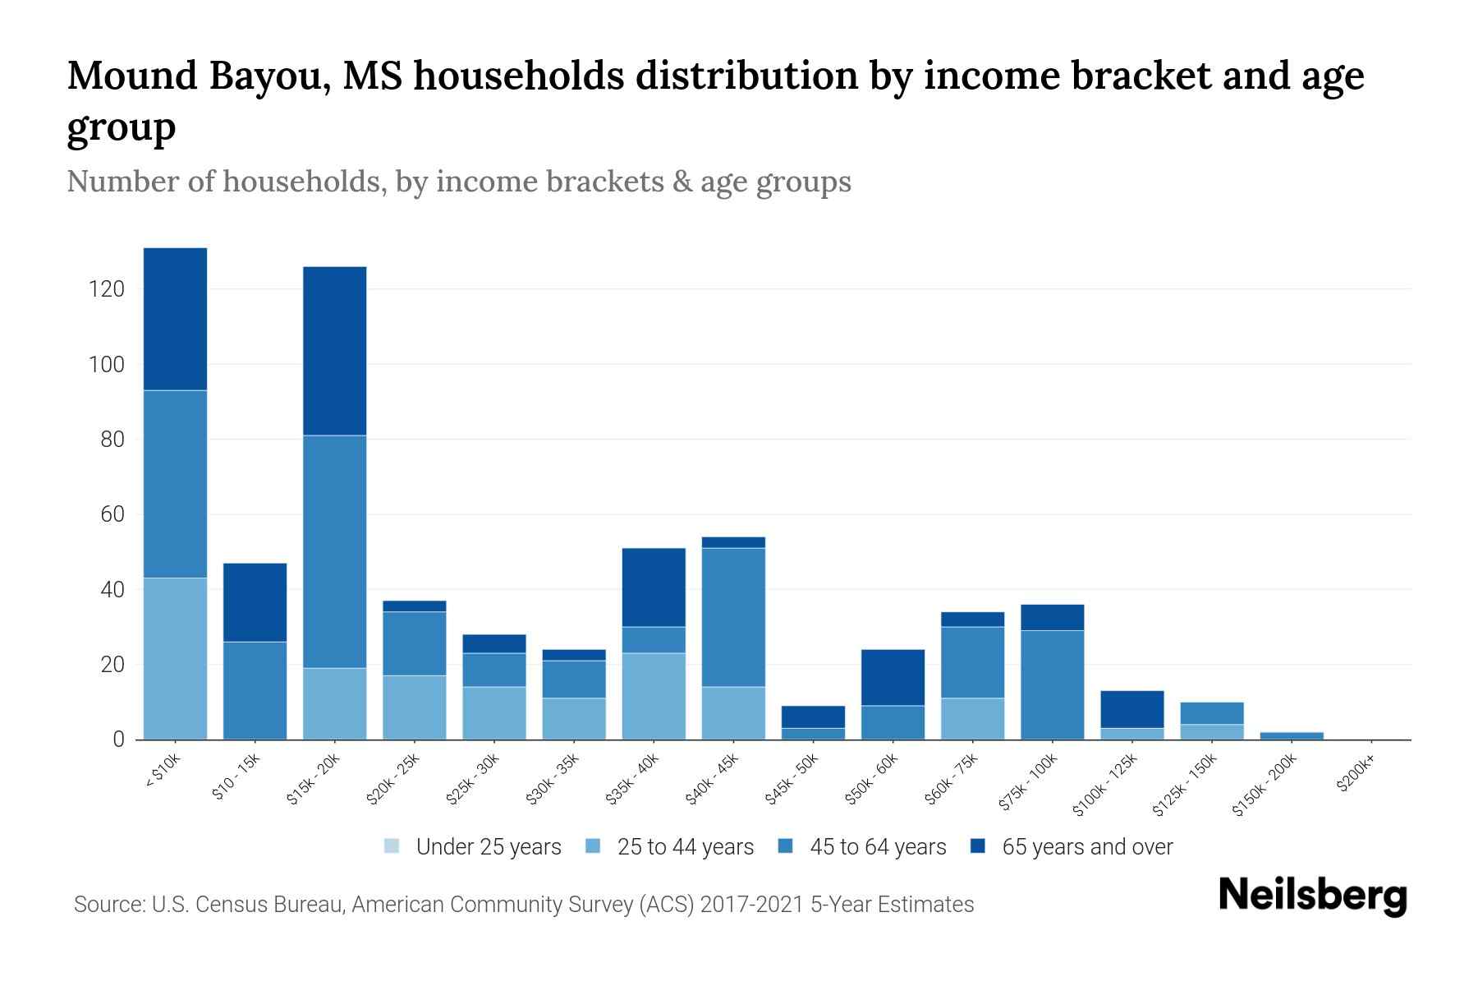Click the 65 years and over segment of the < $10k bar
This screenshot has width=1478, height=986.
[175, 319]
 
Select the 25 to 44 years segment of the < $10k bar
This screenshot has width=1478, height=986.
[175, 658]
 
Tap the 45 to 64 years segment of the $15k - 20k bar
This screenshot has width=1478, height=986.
[334, 551]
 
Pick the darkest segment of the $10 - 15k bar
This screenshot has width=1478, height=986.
[255, 602]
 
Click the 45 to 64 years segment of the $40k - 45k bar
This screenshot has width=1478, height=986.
[733, 616]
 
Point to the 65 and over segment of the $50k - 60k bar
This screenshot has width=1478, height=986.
[893, 677]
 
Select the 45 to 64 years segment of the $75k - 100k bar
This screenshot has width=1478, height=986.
[1052, 684]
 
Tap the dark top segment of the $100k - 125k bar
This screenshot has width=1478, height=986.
[1131, 709]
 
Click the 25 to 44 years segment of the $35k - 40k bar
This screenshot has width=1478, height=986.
[654, 696]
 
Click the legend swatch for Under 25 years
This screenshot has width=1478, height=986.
[392, 846]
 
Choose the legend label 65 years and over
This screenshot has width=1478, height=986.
[1087, 846]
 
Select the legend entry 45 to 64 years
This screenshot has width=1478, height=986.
[878, 846]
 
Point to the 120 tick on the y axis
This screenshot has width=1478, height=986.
[108, 289]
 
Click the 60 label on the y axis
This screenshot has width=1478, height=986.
[112, 514]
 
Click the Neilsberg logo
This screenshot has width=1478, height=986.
[1312, 895]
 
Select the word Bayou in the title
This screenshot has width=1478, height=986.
[266, 76]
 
